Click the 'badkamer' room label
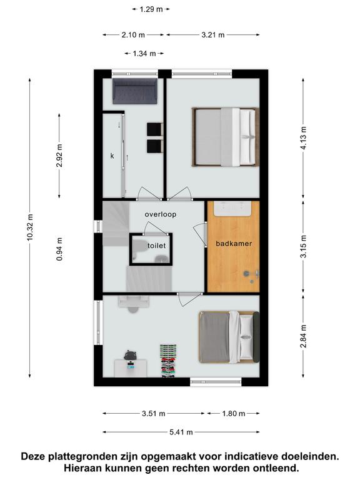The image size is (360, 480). tap(234, 244)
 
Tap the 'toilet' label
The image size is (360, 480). tap(157, 246)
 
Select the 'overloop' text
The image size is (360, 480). tap(161, 214)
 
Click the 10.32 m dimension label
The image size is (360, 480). tap(30, 227)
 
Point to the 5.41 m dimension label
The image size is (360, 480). tap(181, 432)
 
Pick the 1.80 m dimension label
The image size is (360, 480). tap(234, 414)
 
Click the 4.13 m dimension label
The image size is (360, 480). tap(303, 137)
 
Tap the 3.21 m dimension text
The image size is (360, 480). tap(213, 35)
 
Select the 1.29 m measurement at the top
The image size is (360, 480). tap(151, 9)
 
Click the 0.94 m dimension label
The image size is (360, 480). tap(60, 249)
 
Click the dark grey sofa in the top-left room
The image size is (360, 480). tap(135, 91)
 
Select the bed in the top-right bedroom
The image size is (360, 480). tap(225, 137)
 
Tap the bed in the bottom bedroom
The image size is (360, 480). tap(229, 337)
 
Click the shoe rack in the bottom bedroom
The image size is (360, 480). tap(169, 361)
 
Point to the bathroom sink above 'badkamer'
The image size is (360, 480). tap(232, 209)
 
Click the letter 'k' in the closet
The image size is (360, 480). tap(112, 156)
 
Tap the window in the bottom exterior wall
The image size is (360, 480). tap(216, 381)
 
